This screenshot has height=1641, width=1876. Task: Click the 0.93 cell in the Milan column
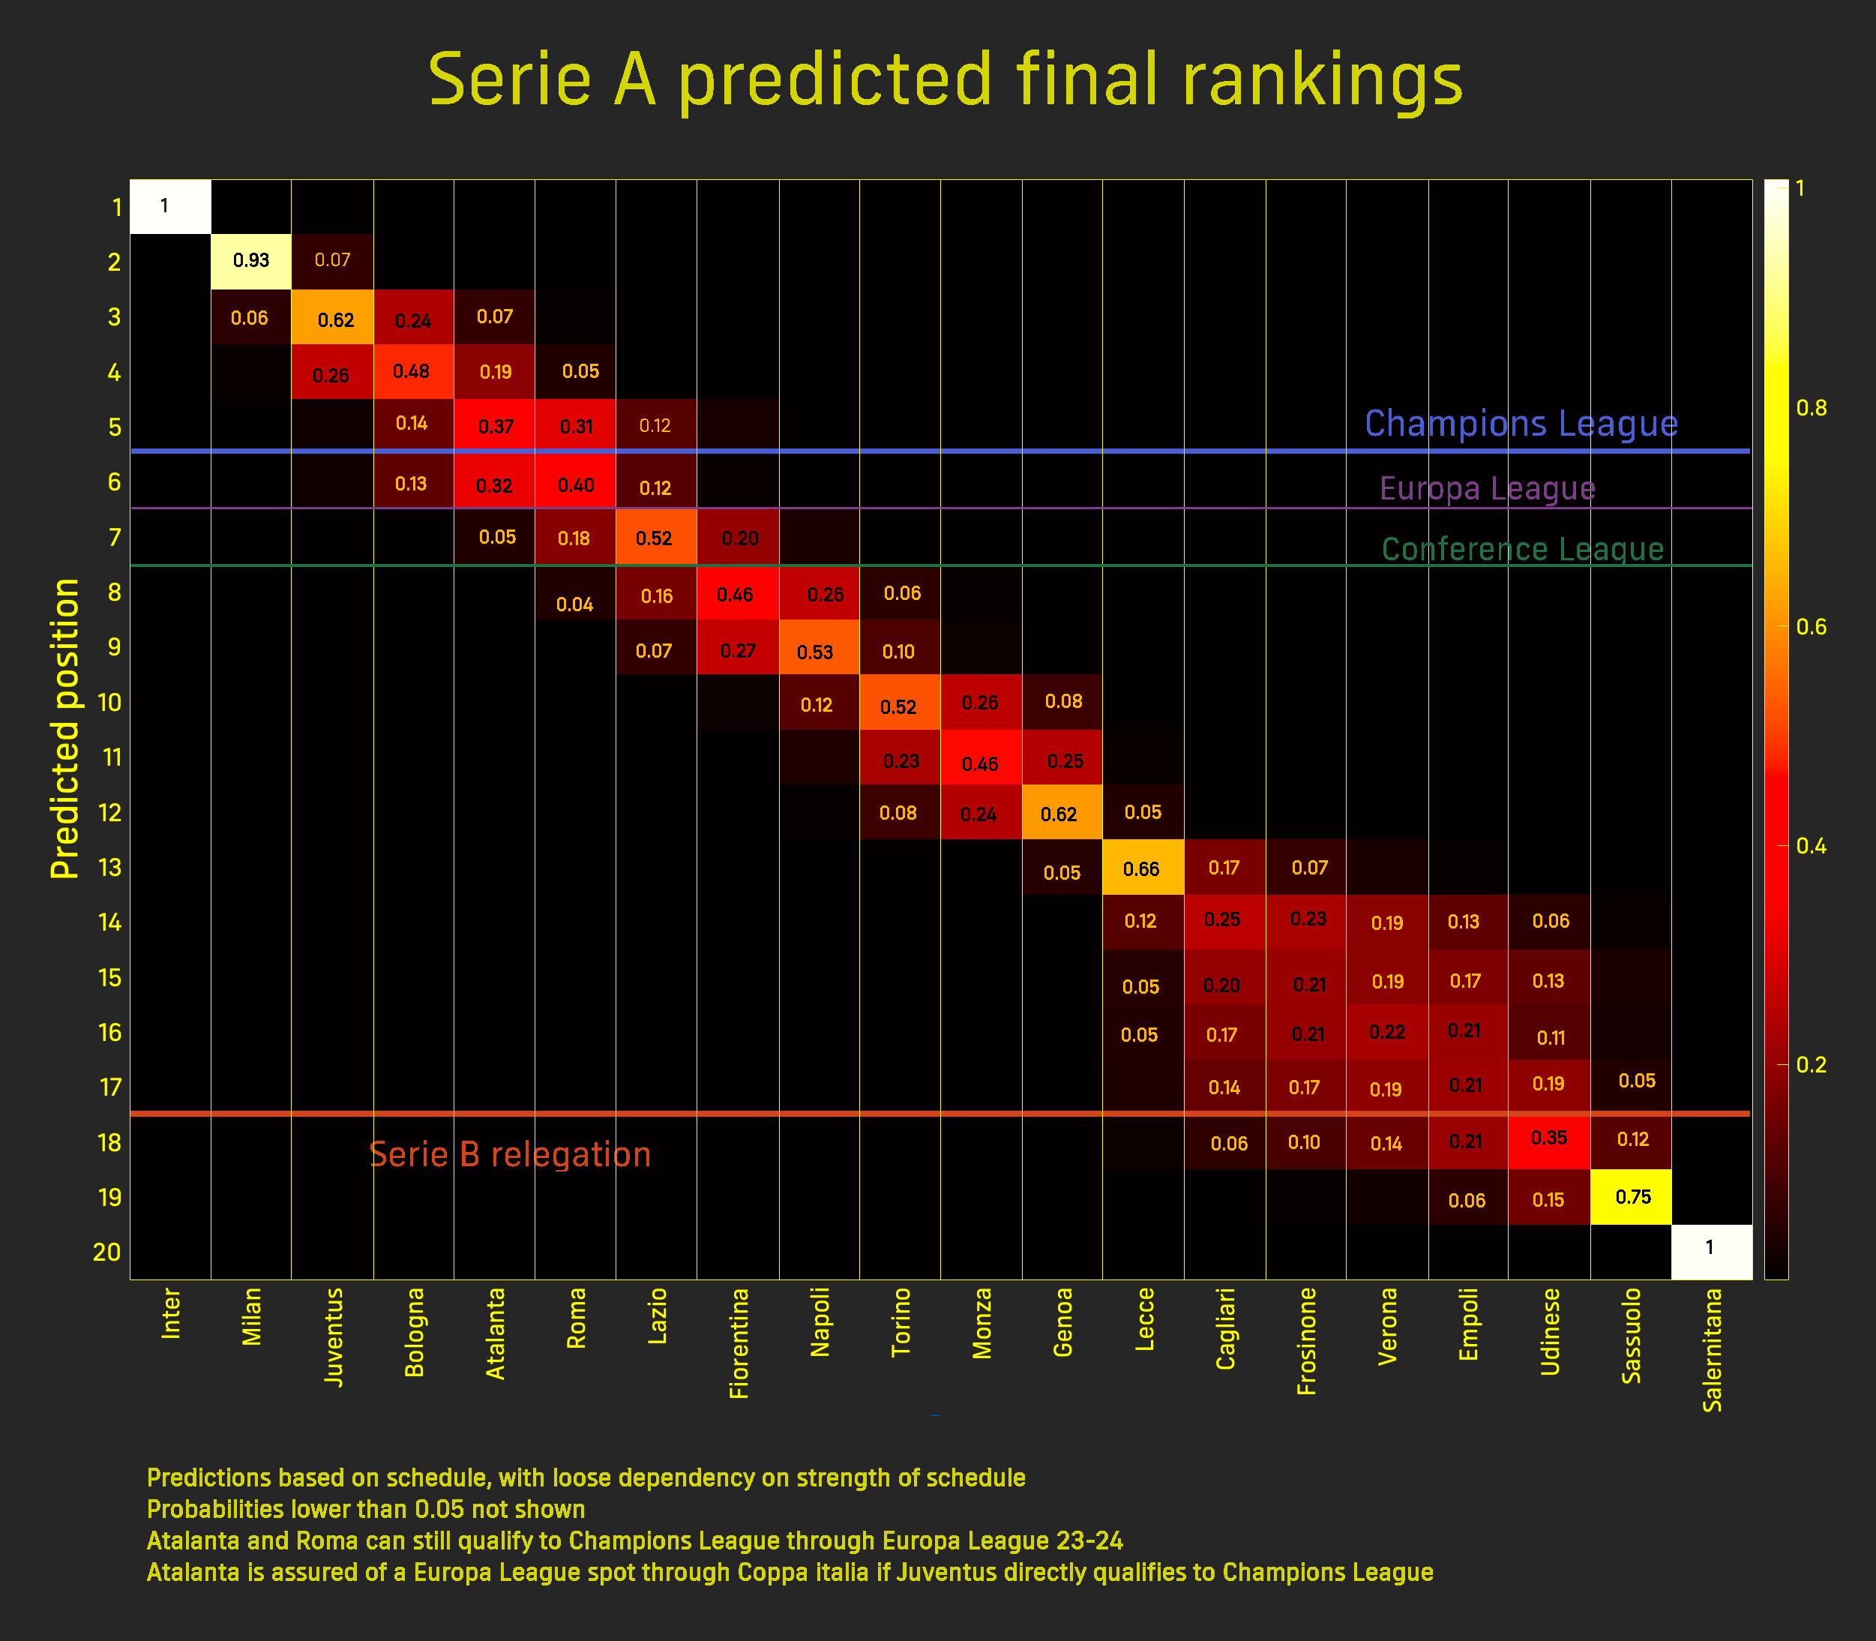point(251,261)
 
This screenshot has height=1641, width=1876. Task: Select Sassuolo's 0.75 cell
point(1632,1197)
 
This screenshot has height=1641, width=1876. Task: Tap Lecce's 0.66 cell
point(1143,867)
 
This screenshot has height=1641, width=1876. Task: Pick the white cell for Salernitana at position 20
point(1711,1252)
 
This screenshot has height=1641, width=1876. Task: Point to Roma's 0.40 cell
point(576,481)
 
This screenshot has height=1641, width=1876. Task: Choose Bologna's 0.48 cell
point(414,372)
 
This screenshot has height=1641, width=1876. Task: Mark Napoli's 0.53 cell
point(820,647)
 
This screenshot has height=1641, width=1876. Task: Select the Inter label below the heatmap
point(171,1313)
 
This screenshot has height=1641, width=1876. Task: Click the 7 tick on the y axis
point(115,538)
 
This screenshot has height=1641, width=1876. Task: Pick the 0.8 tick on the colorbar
point(1811,407)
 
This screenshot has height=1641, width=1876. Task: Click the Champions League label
point(1521,423)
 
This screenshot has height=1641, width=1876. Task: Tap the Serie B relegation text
point(510,1153)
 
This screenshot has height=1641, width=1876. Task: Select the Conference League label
point(1523,550)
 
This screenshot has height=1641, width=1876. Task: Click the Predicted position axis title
point(65,729)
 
